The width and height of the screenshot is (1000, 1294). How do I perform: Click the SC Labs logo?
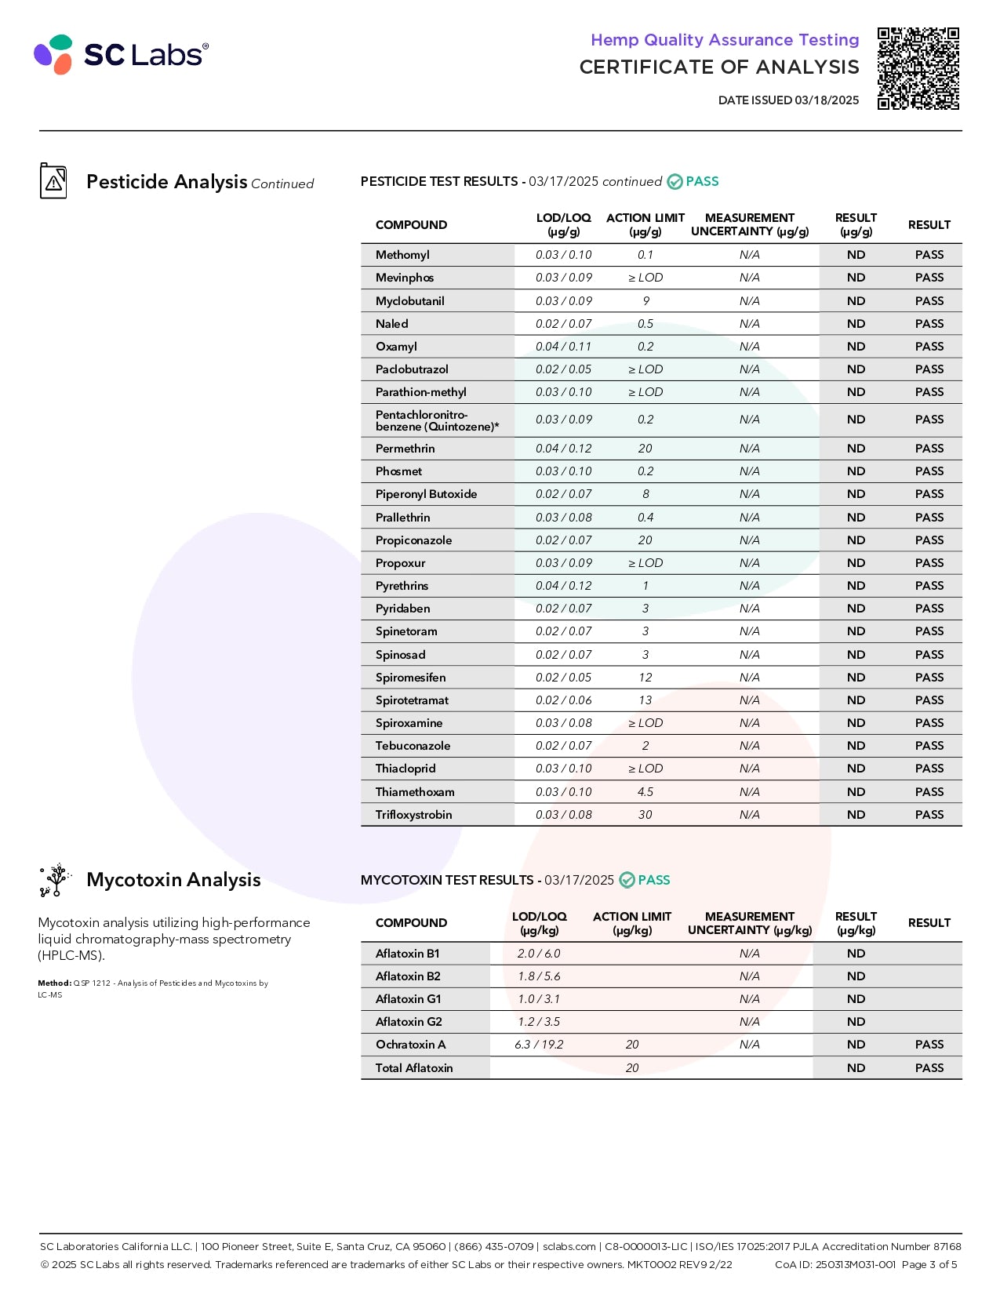click(x=121, y=54)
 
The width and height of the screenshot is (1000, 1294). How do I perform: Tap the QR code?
click(x=918, y=68)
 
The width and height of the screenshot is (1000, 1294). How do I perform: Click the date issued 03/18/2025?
click(x=788, y=100)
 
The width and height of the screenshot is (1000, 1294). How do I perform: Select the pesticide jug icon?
click(x=53, y=181)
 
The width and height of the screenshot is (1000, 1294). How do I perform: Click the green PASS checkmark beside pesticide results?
click(x=675, y=182)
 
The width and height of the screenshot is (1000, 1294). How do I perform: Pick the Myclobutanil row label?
click(x=409, y=301)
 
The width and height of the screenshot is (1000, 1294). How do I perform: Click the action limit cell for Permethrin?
click(x=645, y=449)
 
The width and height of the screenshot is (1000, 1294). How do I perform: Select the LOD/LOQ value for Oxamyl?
click(x=563, y=347)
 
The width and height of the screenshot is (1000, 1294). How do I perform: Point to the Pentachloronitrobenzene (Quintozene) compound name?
click(x=437, y=420)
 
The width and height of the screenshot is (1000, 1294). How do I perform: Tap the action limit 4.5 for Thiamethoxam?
click(x=645, y=792)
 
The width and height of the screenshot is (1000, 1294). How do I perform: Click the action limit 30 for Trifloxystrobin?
click(x=645, y=815)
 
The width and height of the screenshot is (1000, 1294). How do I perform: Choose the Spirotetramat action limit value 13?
click(x=645, y=700)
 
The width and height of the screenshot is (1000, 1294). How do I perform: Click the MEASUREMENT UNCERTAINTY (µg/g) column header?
click(x=749, y=224)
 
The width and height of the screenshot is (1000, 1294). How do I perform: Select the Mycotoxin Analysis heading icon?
click(x=55, y=880)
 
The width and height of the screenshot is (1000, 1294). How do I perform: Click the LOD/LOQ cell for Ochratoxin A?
click(x=539, y=1045)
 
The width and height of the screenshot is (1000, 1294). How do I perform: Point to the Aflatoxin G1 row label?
click(x=408, y=999)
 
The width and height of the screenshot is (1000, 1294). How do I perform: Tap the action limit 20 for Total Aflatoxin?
click(x=632, y=1068)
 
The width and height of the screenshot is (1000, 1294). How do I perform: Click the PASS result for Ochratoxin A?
click(x=929, y=1045)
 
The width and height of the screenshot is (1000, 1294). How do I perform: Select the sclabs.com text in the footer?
click(x=569, y=1246)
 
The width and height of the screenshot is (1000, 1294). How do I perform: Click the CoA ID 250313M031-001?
click(x=835, y=1264)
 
